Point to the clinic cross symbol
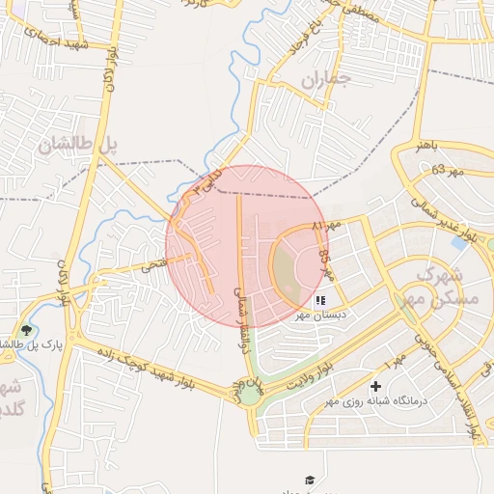pyautogui.click(x=375, y=387)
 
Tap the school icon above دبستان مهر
pyautogui.click(x=320, y=300)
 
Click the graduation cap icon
pyautogui.click(x=310, y=480)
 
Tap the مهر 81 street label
pyautogui.click(x=328, y=225)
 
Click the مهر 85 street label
pyautogui.click(x=324, y=261)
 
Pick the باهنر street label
pyautogui.click(x=427, y=146)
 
